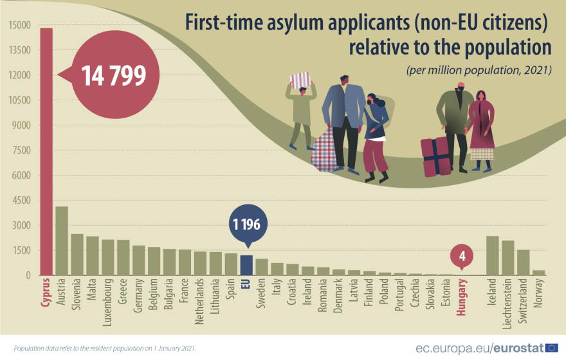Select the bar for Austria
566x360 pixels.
pos(62,241)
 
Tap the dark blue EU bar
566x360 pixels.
pos(246,265)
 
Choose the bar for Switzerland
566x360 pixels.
pos(523,263)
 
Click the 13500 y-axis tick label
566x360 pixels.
pos(20,50)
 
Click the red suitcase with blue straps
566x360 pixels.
pos(435,156)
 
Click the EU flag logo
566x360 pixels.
pos(551,348)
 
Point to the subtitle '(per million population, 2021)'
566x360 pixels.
pos(479,70)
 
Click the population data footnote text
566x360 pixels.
pos(105,348)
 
